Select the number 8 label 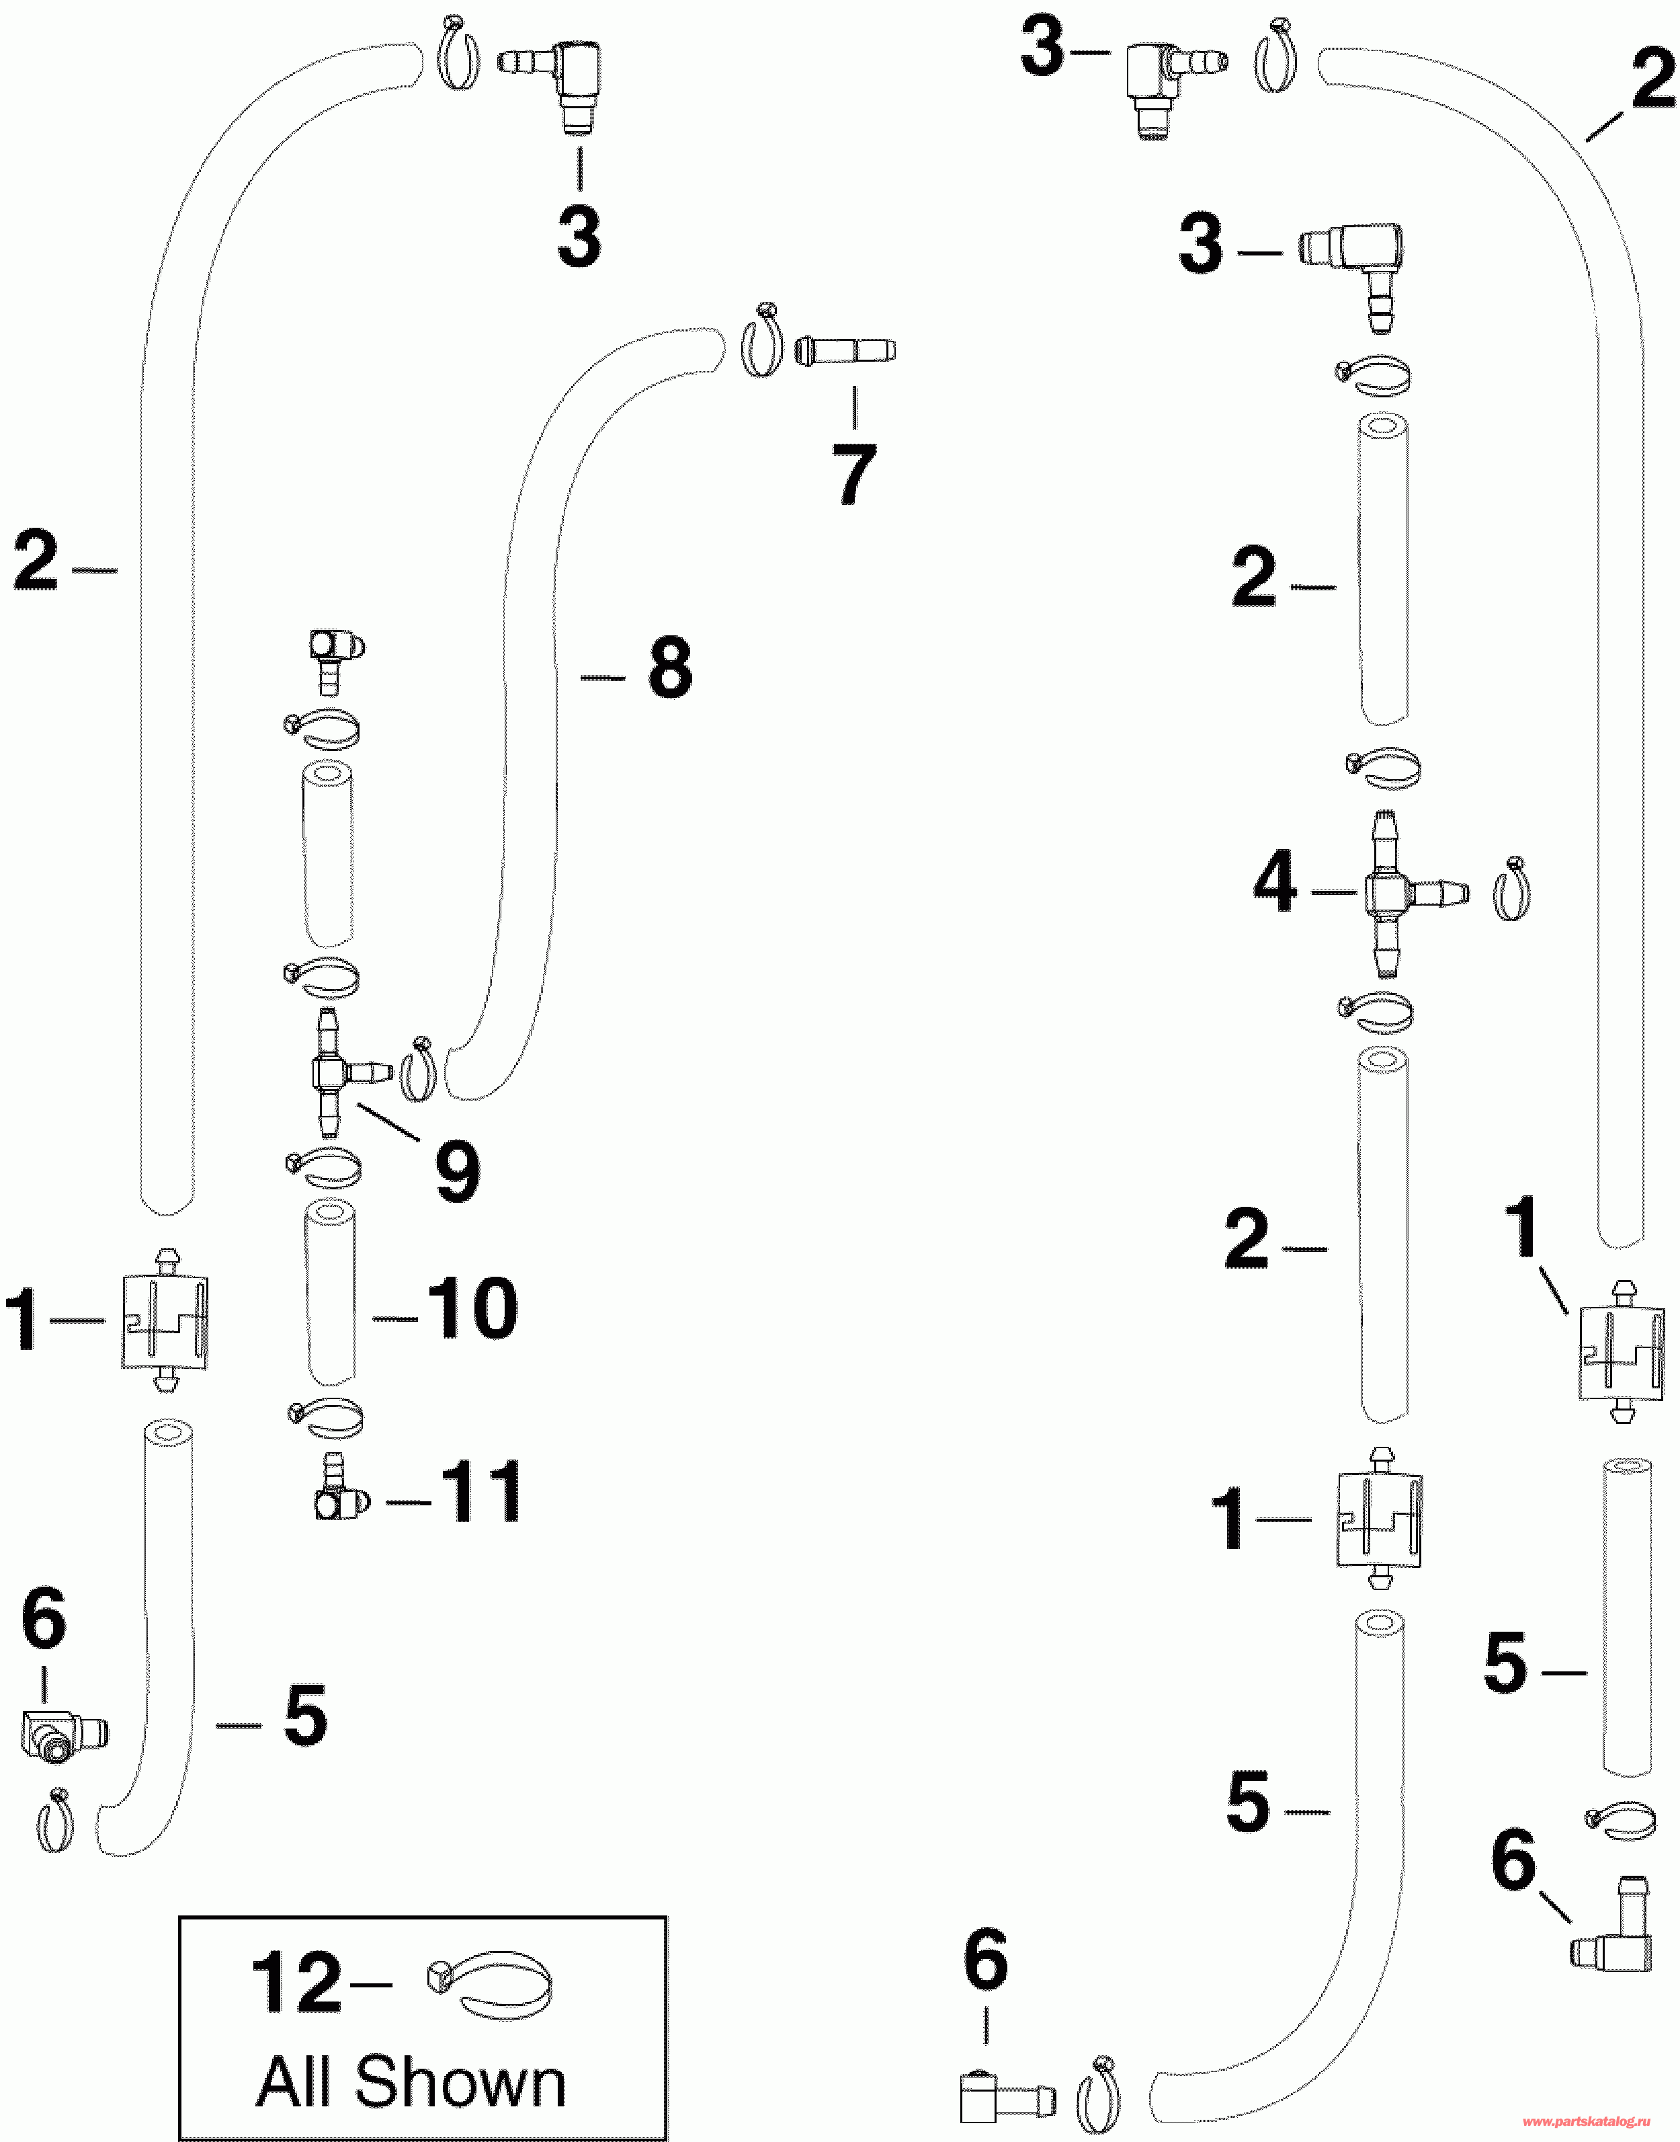[x=670, y=668]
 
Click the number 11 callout [x=481, y=1492]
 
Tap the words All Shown [x=411, y=2082]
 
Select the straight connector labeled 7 [x=845, y=350]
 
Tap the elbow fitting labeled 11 [x=339, y=1493]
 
